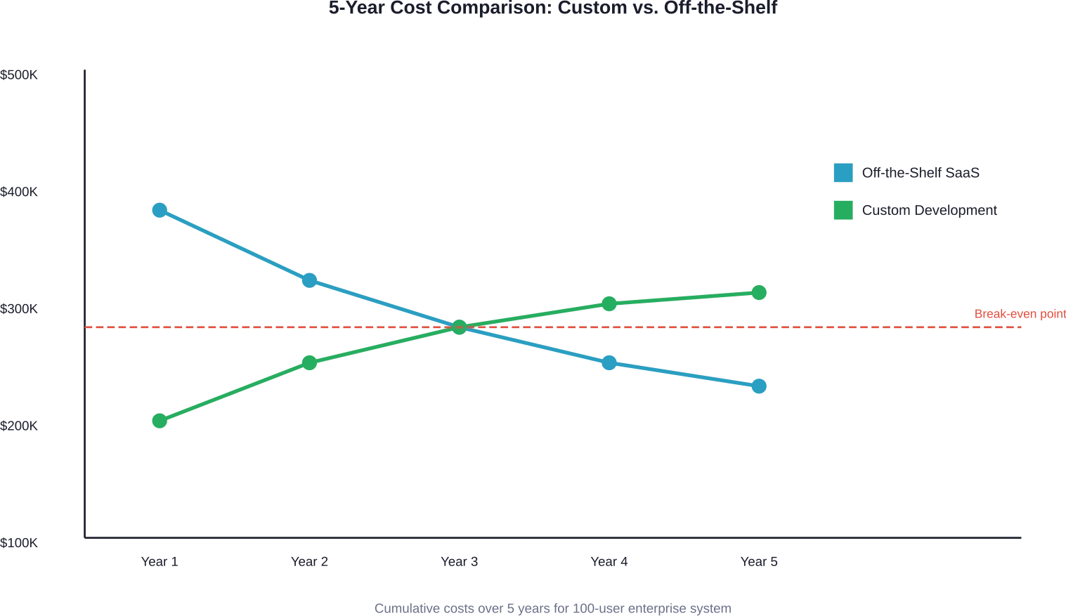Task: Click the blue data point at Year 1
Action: (160, 211)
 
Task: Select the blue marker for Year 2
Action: (309, 281)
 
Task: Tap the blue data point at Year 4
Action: (609, 362)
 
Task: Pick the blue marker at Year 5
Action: (759, 386)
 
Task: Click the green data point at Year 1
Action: (160, 421)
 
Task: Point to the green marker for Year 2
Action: (309, 362)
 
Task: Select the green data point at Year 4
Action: (609, 304)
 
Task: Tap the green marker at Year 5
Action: (759, 293)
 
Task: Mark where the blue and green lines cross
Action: (460, 327)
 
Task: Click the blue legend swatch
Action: (843, 173)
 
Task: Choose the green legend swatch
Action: (843, 211)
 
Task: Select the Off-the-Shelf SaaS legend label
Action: (921, 173)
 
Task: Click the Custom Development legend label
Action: (930, 211)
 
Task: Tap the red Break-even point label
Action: (1019, 315)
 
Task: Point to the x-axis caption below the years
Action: (552, 608)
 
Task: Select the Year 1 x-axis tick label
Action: (160, 562)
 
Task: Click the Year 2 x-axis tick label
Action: (309, 562)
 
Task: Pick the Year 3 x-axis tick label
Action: (460, 562)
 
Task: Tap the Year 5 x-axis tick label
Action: (759, 562)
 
